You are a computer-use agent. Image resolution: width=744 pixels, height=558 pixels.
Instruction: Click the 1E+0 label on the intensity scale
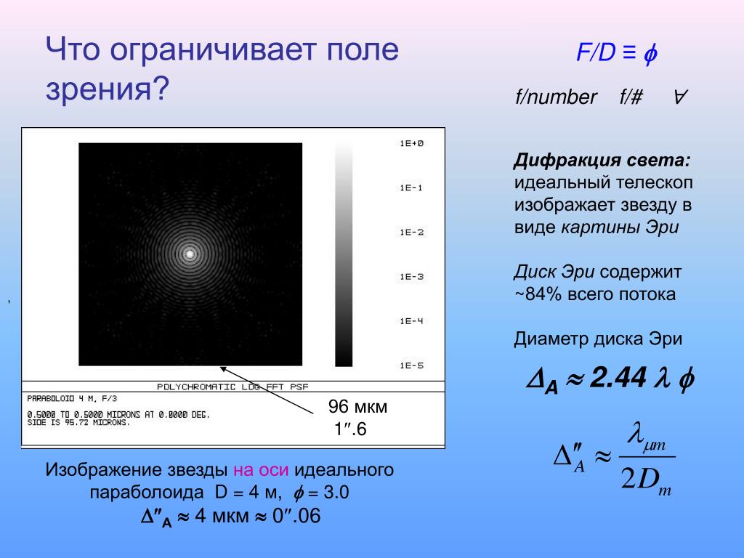[x=411, y=143]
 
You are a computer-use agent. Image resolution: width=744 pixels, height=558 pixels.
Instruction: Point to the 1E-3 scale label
[x=411, y=277]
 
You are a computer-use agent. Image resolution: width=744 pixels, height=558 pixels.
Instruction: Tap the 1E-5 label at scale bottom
[x=411, y=365]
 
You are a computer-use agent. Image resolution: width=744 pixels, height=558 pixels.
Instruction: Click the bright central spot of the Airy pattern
[x=190, y=254]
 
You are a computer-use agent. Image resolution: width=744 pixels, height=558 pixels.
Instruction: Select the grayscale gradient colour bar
[x=344, y=254]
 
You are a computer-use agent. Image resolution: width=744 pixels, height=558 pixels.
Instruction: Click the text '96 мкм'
[x=357, y=407]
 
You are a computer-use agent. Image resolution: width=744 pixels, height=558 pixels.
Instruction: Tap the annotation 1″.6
[x=350, y=429]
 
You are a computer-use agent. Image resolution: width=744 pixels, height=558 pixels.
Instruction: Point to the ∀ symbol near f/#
[x=680, y=97]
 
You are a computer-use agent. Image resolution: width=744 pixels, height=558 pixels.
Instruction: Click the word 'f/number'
[x=556, y=97]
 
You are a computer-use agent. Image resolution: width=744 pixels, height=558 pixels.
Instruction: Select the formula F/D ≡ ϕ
[x=617, y=52]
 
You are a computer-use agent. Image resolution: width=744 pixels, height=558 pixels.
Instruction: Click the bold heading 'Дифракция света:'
[x=602, y=161]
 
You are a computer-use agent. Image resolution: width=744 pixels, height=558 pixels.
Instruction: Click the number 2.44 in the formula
[x=618, y=378]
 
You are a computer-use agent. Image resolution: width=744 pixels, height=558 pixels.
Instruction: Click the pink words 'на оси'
[x=261, y=470]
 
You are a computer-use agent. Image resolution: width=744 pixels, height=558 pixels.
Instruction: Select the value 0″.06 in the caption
[x=296, y=516]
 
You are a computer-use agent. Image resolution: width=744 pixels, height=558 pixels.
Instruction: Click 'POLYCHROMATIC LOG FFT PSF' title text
[x=232, y=387]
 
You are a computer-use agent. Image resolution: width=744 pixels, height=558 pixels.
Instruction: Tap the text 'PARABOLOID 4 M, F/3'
[x=72, y=399]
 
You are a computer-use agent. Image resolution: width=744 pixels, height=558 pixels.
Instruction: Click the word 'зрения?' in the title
[x=108, y=88]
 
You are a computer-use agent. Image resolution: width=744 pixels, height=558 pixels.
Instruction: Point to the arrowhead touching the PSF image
[x=222, y=368]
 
